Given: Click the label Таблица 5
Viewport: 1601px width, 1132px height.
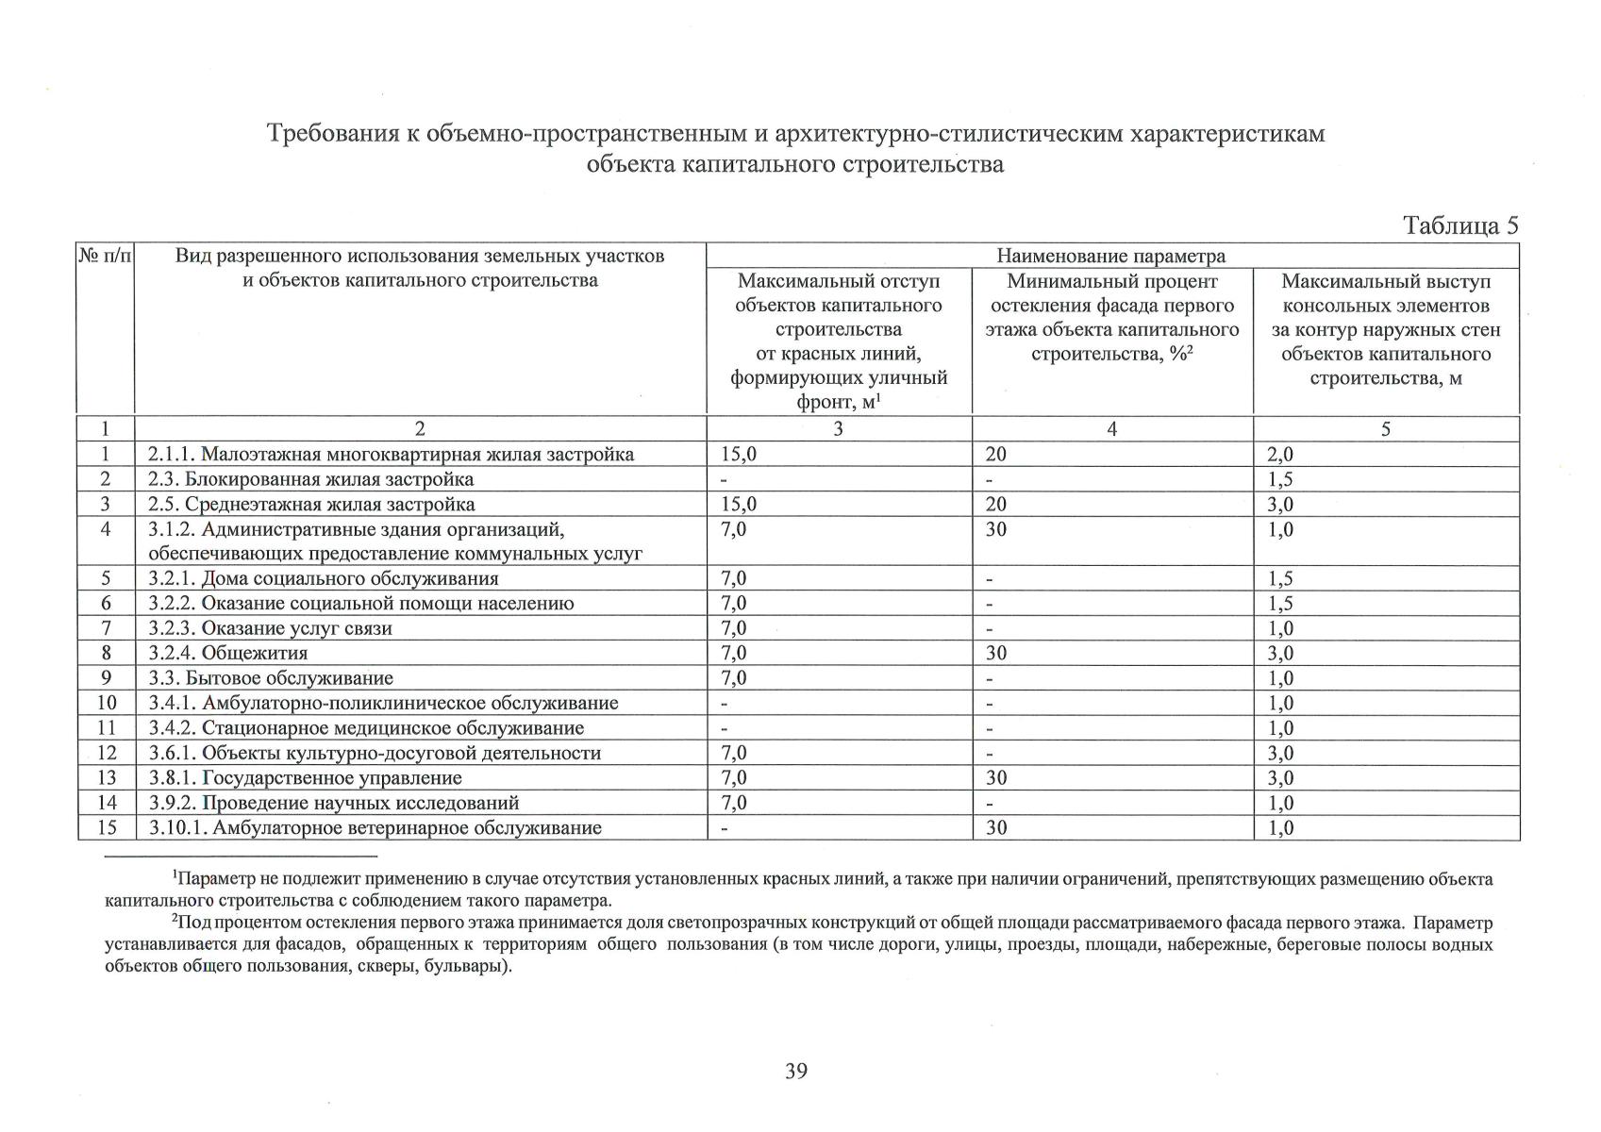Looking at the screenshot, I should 1459,225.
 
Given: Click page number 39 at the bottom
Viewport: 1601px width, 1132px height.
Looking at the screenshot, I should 795,1071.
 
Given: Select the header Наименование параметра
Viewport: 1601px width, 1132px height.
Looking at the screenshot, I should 1111,256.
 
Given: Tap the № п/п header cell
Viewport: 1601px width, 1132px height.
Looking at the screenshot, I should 106,256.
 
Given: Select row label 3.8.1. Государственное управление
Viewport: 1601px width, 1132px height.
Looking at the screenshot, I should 305,778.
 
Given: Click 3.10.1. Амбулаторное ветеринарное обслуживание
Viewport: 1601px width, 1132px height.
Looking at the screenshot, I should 375,828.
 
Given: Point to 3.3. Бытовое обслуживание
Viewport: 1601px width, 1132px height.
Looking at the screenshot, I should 270,678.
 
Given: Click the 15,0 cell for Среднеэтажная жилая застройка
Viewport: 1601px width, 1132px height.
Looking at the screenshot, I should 738,505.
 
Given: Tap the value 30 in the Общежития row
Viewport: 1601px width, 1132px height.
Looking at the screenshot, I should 996,653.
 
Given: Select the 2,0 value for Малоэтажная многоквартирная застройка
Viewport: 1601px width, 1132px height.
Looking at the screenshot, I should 1280,455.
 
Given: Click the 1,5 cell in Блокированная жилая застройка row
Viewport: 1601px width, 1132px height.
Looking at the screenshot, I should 1280,479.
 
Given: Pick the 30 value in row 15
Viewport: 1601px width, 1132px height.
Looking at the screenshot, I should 996,828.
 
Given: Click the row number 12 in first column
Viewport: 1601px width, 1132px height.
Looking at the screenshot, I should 107,753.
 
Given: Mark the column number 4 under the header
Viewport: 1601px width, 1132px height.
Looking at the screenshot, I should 1111,429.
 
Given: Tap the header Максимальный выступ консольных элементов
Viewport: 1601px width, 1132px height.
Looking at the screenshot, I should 1385,293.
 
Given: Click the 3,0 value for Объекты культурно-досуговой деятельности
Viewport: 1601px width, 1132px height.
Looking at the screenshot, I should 1280,753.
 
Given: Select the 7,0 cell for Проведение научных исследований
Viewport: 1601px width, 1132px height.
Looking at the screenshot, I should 733,803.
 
